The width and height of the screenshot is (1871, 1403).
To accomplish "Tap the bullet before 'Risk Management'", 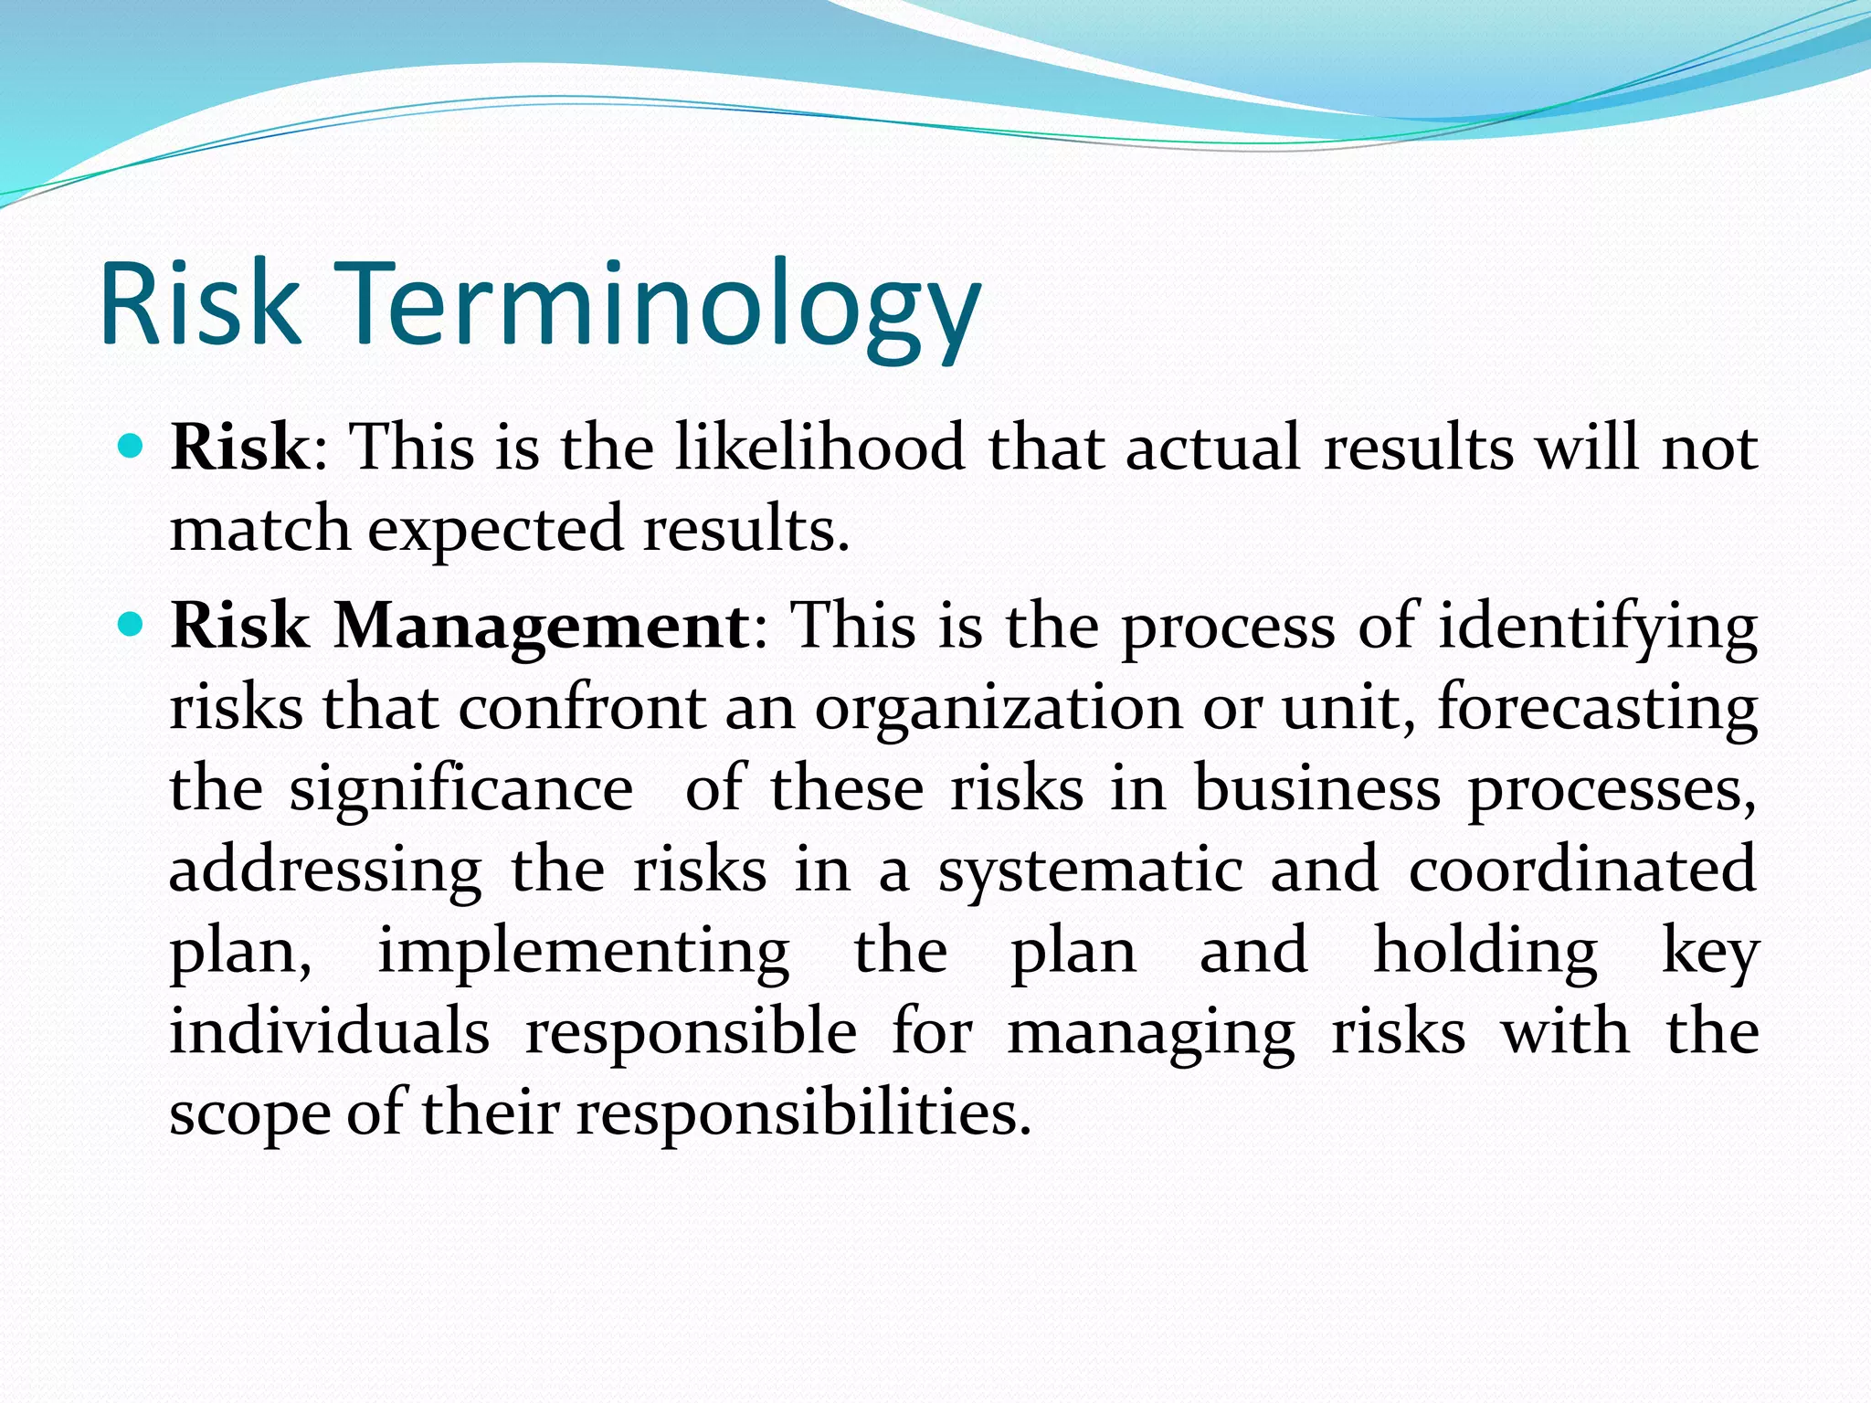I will tap(132, 626).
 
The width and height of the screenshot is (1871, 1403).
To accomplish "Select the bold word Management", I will tap(541, 627).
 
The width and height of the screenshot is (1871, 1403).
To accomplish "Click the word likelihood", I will tap(819, 448).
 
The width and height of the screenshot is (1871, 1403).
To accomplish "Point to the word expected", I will tap(495, 530).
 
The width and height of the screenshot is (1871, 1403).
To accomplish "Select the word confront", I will tap(582, 708).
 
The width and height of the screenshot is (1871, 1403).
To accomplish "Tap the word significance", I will tap(461, 790).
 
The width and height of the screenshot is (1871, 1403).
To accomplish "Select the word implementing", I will tap(584, 954).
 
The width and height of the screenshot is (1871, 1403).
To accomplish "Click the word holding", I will tap(1485, 954).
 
